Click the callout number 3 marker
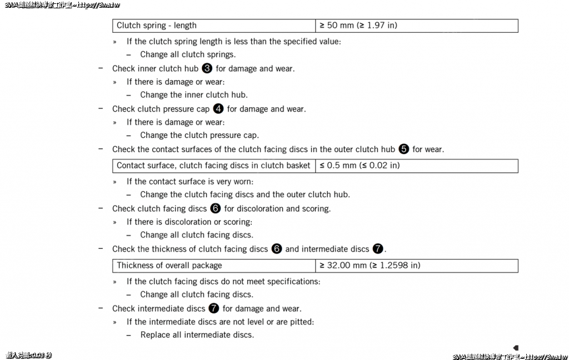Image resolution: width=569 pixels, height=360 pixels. [207, 68]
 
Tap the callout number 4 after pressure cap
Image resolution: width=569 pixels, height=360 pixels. [218, 109]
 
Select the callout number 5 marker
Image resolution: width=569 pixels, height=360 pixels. [404, 149]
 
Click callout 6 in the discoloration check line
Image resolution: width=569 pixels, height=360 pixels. [216, 208]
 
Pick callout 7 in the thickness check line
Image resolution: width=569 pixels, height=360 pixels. [378, 249]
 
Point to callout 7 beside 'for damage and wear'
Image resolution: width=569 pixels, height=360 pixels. [214, 308]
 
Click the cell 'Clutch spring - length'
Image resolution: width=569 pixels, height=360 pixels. [214, 26]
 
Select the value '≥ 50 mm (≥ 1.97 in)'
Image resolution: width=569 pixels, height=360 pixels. [417, 26]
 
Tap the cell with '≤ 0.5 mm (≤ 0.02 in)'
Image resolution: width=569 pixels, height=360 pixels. [417, 166]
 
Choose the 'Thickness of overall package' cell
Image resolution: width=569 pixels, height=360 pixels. [214, 266]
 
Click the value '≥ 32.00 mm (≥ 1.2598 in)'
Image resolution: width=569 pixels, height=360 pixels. [417, 266]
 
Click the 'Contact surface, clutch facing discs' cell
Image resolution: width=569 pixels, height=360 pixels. [214, 166]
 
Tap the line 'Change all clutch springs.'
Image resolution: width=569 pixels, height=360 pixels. [188, 54]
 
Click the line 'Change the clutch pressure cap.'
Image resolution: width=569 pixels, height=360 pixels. [199, 135]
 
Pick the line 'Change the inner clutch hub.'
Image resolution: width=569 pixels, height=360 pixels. [194, 95]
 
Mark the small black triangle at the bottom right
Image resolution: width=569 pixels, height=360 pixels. [516, 348]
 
